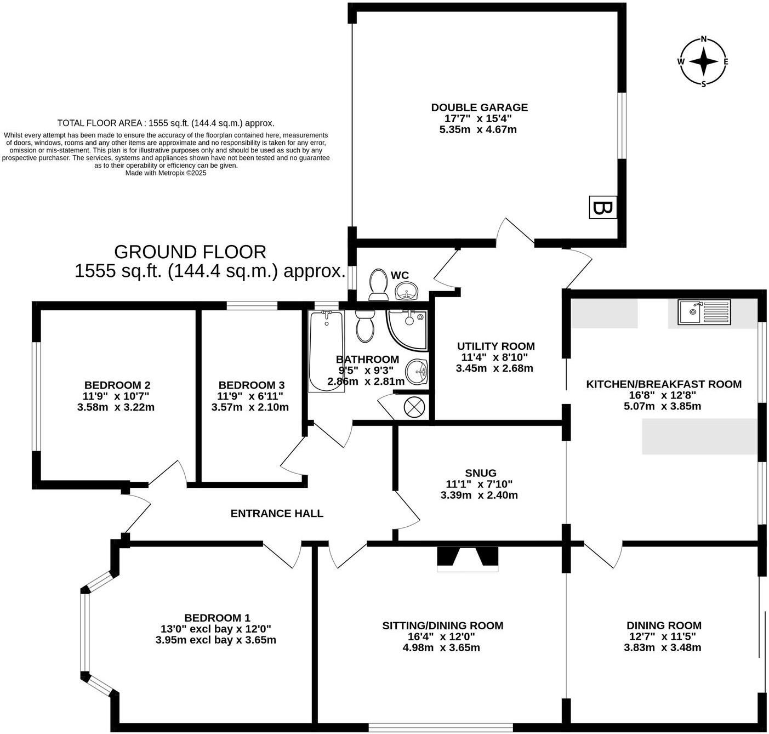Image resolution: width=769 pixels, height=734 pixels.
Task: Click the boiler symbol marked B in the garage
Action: [602, 207]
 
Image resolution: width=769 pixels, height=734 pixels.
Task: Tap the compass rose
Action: [703, 61]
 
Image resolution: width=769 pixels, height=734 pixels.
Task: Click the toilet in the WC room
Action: [378, 285]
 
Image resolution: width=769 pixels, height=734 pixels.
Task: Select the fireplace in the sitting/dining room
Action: [468, 558]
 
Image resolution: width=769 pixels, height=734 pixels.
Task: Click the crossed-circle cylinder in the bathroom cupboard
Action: [412, 406]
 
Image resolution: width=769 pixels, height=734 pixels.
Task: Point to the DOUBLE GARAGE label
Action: [479, 107]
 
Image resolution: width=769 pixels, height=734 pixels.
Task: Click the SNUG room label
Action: [480, 473]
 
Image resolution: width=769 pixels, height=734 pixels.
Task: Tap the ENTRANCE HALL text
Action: [277, 514]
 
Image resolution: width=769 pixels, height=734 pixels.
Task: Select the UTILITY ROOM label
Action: [495, 346]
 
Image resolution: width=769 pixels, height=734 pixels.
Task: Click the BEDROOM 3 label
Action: [251, 385]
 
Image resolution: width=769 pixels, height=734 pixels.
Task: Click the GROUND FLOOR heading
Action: [190, 252]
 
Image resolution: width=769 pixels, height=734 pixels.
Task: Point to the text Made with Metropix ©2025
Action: [166, 173]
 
